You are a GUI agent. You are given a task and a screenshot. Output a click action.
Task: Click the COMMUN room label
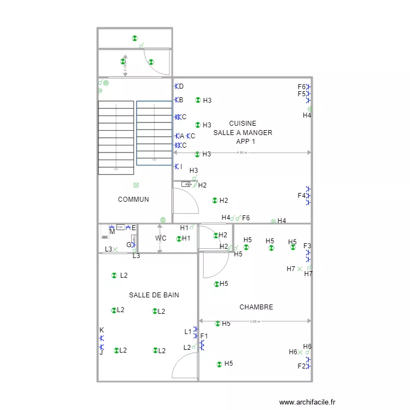point(133,200)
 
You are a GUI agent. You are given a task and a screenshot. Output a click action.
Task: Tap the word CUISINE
point(243,124)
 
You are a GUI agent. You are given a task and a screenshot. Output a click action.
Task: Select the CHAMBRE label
point(256,307)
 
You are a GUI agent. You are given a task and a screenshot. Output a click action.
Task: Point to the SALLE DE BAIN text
point(154,295)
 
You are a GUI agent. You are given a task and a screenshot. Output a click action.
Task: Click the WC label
point(160,238)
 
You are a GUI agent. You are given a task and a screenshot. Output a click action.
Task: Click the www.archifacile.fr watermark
point(307,402)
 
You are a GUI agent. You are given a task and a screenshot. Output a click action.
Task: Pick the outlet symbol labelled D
point(176,86)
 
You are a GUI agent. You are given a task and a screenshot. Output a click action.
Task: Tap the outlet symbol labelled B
point(176,100)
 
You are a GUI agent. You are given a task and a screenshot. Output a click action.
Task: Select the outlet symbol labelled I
point(176,166)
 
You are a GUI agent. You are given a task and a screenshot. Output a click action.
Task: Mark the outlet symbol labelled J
point(101,347)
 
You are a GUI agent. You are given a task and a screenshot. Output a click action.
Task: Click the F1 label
point(204,336)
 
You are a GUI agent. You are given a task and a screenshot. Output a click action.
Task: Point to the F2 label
point(301,366)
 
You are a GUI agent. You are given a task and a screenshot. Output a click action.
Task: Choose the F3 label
point(307,246)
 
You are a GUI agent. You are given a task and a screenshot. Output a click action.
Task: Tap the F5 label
point(301,94)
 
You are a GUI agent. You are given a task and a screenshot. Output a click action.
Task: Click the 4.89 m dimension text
point(242,153)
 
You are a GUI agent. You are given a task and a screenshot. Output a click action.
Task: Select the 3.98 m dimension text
point(255,321)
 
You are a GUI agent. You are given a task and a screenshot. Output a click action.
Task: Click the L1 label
point(188,331)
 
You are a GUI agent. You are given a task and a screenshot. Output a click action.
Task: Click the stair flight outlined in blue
point(154,132)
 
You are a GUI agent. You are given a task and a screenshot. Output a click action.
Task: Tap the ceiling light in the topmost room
point(134,38)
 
